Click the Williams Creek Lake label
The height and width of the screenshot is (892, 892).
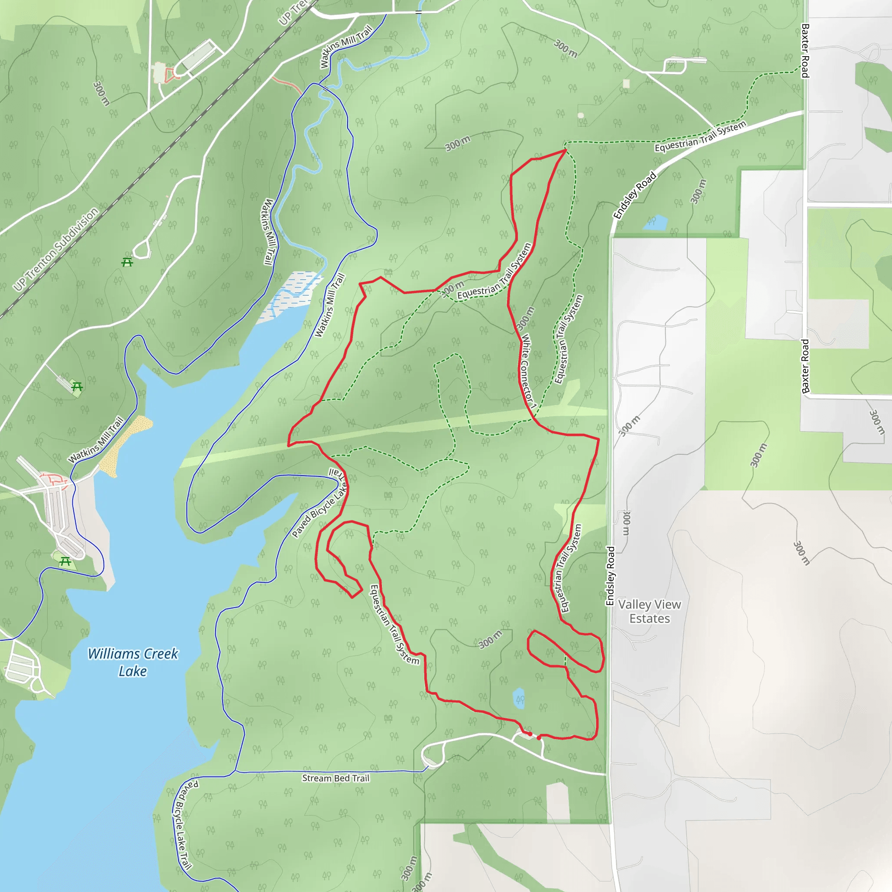click(x=133, y=662)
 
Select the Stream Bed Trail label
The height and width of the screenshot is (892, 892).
click(x=336, y=778)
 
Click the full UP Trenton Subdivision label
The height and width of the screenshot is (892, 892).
click(x=56, y=249)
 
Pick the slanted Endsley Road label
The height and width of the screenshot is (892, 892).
click(x=635, y=195)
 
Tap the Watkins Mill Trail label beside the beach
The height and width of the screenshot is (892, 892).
click(x=96, y=439)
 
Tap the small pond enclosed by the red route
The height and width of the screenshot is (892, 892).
click(x=519, y=698)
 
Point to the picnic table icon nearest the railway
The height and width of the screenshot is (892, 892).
click(x=128, y=262)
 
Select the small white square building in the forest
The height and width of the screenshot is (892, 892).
click(x=626, y=84)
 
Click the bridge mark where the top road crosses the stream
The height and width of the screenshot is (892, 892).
click(x=418, y=12)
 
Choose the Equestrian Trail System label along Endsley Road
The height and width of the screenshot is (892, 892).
click(x=700, y=137)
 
